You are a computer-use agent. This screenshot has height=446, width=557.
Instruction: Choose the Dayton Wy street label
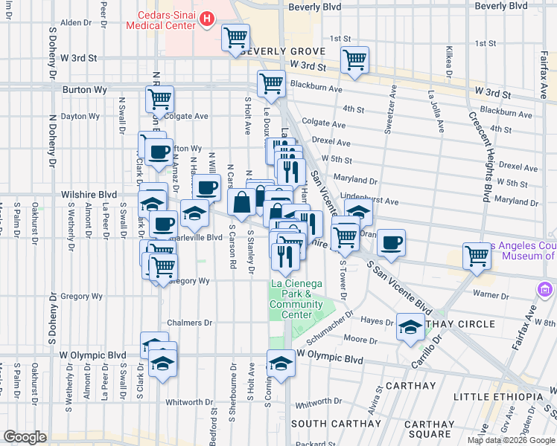coord(80,116)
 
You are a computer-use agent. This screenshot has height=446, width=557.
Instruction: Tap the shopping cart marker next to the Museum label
coord(477,256)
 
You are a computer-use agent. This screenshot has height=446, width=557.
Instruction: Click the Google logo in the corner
coord(25,437)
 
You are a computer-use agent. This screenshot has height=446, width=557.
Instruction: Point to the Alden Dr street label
coord(75,22)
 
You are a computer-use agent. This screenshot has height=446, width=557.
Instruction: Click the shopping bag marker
coord(242,201)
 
